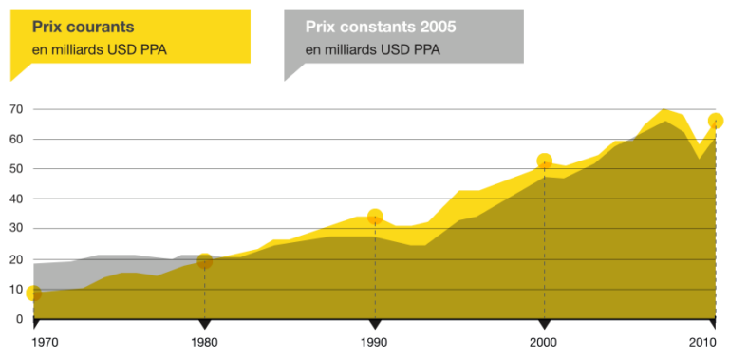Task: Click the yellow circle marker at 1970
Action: pyautogui.click(x=34, y=294)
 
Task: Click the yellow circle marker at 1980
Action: pyautogui.click(x=204, y=261)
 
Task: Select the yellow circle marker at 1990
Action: pyautogui.click(x=375, y=217)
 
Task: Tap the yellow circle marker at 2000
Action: pyautogui.click(x=544, y=161)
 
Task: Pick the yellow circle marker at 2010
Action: pyautogui.click(x=716, y=121)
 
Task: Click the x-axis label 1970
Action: pyautogui.click(x=45, y=341)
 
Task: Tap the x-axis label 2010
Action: pyautogui.click(x=702, y=341)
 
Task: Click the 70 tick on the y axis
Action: pyautogui.click(x=16, y=109)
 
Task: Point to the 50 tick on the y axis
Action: pyautogui.click(x=16, y=169)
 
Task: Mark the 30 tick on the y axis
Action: pyautogui.click(x=16, y=229)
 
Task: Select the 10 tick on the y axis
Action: pyautogui.click(x=16, y=289)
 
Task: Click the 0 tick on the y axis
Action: pyautogui.click(x=19, y=319)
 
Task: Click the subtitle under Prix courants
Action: pyautogui.click(x=100, y=49)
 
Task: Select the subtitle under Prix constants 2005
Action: pyautogui.click(x=372, y=49)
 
